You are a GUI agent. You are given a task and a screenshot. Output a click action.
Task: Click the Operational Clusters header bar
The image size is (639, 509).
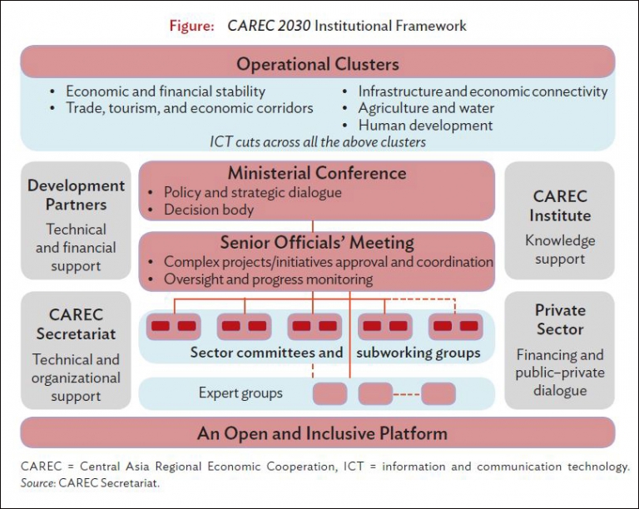point(318,64)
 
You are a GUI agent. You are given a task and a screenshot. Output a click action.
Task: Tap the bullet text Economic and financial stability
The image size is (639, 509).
point(165,91)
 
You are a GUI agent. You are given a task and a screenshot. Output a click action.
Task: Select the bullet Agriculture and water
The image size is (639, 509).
point(425,108)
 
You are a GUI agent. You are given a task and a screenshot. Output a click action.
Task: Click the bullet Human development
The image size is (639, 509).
point(425,126)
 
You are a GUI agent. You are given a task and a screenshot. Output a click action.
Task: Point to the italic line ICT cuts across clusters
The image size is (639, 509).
point(318,142)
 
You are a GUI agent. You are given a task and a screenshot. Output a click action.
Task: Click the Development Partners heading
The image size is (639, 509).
point(76,195)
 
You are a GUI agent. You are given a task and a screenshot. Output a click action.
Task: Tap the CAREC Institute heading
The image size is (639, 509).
point(560,206)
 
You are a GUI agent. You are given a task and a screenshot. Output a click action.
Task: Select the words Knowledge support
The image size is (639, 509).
point(560,250)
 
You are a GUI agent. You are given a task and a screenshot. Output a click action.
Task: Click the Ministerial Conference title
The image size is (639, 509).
point(317,174)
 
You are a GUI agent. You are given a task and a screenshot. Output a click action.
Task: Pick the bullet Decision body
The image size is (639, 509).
point(208,210)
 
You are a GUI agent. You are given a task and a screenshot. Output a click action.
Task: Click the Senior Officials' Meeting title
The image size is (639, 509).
point(317,243)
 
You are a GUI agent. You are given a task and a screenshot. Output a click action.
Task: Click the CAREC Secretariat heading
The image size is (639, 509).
point(76,324)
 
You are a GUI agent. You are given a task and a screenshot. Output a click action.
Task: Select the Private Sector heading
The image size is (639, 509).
point(560,319)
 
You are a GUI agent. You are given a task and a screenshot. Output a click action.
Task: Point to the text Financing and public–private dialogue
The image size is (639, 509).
point(560,373)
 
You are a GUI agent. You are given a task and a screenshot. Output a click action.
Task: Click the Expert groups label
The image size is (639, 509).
point(240,393)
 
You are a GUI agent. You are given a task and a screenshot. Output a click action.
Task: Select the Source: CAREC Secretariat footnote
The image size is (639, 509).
point(90,482)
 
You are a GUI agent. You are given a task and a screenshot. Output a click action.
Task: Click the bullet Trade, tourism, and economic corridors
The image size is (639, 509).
point(189,108)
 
